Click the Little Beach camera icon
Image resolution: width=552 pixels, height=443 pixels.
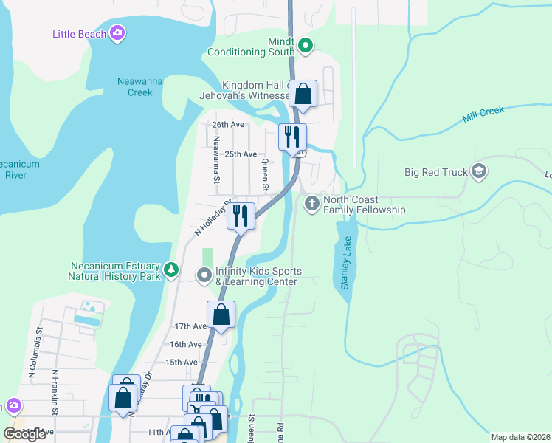117,32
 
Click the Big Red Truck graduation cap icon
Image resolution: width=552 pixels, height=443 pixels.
479,172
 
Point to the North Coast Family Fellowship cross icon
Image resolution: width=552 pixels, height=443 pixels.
312,202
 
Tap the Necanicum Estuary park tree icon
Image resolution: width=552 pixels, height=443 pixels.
171,270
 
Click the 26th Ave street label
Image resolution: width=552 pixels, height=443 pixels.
227,125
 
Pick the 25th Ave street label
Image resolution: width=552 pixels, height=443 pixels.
241,154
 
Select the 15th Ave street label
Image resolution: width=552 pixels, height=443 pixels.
182,363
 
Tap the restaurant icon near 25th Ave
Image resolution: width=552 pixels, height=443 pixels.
292,136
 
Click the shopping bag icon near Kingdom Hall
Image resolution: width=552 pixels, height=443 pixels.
303,94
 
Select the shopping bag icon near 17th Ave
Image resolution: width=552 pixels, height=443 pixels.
221,315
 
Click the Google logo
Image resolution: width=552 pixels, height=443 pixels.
25,434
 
